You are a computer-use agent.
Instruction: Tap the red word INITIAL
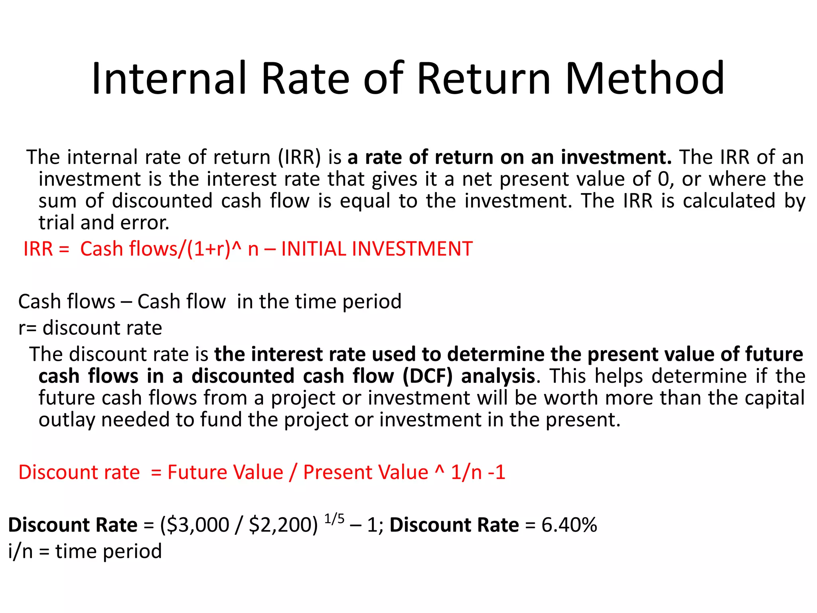pyautogui.click(x=314, y=249)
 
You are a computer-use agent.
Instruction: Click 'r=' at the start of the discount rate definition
pyautogui.click(x=28, y=328)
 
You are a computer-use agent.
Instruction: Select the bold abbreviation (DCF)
pyautogui.click(x=428, y=376)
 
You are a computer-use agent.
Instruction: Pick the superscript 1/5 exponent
pyautogui.click(x=334, y=519)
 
